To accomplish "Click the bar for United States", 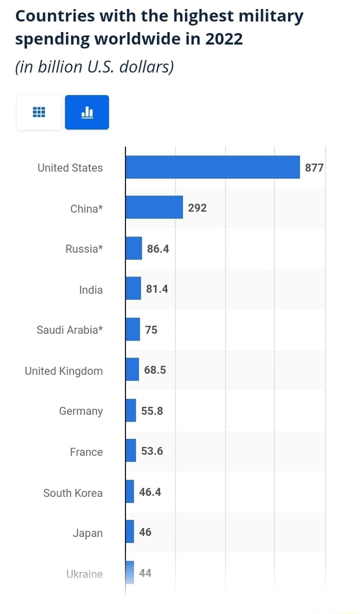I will tap(213, 167).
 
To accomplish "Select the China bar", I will tap(154, 208).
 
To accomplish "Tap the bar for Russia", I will tap(134, 248).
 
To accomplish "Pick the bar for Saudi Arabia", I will tap(133, 329).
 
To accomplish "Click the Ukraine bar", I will tap(130, 573).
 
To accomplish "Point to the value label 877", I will tap(314, 168).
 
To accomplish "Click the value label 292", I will tap(197, 208).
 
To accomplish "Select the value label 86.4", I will tap(157, 249).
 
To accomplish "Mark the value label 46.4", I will tap(150, 492).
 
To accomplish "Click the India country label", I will tap(91, 290).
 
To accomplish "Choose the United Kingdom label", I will tap(64, 371).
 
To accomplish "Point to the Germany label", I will tap(81, 411).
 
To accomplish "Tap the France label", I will tap(86, 452).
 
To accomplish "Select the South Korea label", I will tap(73, 493).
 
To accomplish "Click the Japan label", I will tap(88, 533).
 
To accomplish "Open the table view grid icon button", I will tap(39, 112).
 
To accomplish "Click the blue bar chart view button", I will tap(87, 112).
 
